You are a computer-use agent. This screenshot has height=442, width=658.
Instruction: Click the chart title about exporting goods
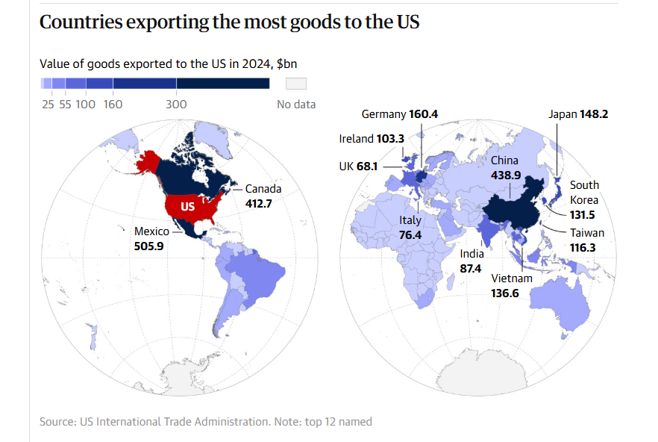[229, 22]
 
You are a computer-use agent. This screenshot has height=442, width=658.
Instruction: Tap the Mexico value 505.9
[148, 245]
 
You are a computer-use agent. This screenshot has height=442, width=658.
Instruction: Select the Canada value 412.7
[260, 202]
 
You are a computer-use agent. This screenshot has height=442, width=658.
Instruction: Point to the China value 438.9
[506, 175]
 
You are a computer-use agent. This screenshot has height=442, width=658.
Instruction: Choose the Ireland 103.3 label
[371, 139]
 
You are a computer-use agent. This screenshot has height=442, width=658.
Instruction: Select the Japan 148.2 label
[577, 114]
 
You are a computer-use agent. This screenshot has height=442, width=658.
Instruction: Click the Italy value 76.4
[410, 235]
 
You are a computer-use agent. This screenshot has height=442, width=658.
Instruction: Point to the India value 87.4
[471, 267]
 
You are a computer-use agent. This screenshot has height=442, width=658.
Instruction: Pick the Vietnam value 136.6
[511, 293]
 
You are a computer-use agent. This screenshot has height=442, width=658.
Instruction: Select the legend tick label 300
[176, 105]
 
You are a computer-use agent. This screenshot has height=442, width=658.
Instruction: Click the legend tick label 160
[113, 105]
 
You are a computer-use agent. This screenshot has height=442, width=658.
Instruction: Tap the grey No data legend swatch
[297, 83]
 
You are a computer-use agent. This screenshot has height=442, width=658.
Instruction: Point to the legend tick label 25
[48, 105]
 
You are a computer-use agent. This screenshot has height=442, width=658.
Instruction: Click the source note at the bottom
[205, 422]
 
